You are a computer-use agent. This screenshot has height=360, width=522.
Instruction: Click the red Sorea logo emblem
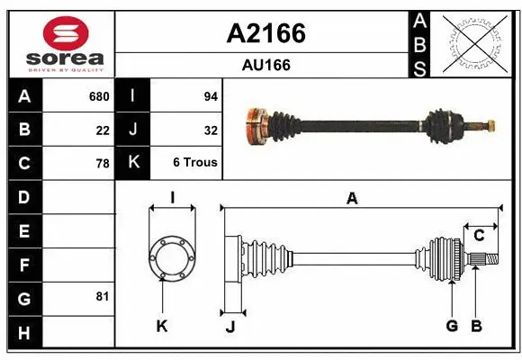[66, 33]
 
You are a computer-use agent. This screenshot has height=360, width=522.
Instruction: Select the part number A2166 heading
[265, 34]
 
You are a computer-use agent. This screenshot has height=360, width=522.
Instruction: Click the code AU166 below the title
[265, 66]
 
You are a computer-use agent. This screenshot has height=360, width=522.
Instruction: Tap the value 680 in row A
[98, 96]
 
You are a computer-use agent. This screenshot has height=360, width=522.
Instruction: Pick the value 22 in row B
[102, 130]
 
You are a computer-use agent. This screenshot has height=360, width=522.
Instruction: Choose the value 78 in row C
[102, 164]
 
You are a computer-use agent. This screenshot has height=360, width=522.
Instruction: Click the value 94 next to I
[211, 96]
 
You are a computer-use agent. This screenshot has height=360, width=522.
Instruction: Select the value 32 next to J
[211, 130]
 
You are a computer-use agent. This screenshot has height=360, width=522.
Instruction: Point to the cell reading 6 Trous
[195, 163]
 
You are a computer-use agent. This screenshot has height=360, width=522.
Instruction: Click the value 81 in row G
[102, 296]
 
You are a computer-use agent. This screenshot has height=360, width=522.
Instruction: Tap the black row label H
[23, 333]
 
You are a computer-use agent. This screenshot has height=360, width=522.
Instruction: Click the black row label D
[23, 196]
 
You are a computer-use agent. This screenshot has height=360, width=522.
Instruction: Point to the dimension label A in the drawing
[352, 199]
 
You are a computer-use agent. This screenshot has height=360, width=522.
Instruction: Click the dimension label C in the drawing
[479, 236]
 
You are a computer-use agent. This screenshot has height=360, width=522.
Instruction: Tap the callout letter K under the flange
[162, 326]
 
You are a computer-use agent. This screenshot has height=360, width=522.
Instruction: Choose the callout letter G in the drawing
[452, 326]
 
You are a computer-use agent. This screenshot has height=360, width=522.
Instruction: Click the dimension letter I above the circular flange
[171, 197]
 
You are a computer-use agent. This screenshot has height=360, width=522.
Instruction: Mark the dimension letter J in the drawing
[229, 327]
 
